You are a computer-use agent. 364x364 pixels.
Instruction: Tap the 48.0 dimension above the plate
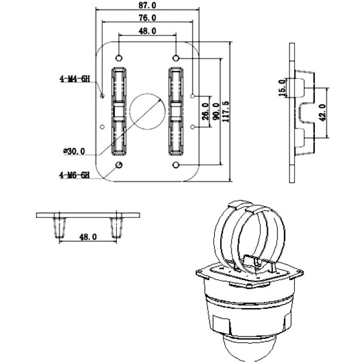click(147, 31)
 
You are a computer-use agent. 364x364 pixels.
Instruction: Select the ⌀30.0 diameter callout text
click(74, 151)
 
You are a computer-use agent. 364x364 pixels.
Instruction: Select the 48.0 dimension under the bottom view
click(88, 237)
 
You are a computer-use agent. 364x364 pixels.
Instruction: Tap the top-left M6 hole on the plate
click(119, 58)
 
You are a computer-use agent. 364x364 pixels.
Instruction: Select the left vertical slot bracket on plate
click(119, 111)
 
